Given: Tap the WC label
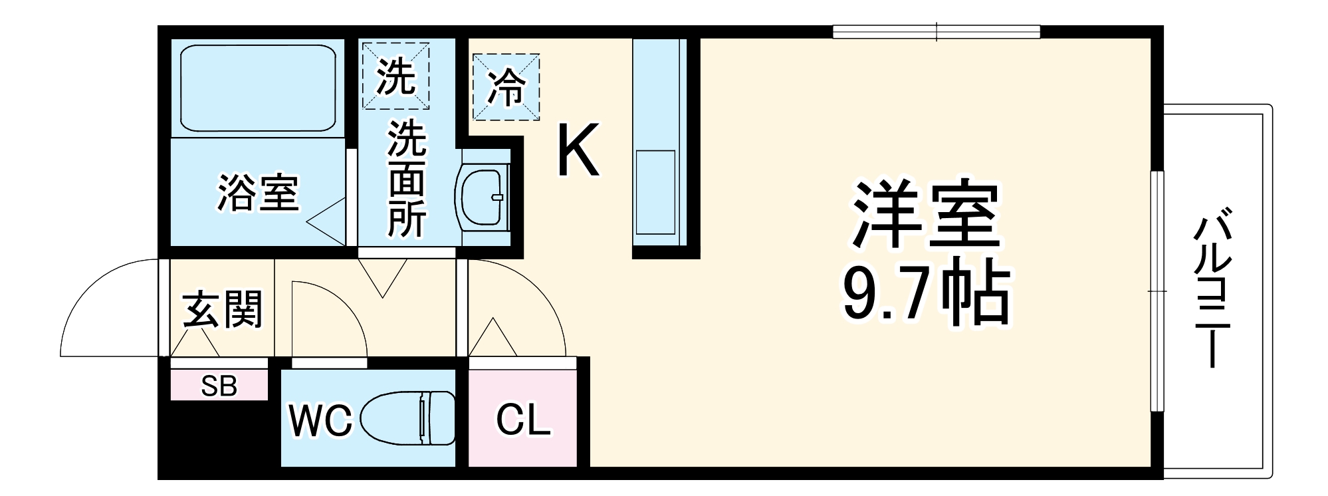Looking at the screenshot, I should coord(320,420).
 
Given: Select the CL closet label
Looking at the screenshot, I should coord(523,420).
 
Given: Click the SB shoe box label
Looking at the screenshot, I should coord(219,386).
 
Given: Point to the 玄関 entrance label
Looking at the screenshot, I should coord(223,310).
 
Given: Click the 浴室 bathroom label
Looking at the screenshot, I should coord(258,193).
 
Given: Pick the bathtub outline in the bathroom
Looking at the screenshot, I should coord(258,88).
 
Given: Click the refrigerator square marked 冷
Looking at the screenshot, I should coord(506,87).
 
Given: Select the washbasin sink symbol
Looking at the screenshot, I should coord(481,197).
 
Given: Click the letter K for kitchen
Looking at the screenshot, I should coord(578,150).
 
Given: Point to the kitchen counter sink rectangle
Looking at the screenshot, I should coord(655,191).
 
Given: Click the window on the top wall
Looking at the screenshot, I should coord(936,31).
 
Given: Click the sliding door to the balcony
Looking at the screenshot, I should coord(1157,291).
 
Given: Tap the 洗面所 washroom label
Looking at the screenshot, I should coord(407,178).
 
